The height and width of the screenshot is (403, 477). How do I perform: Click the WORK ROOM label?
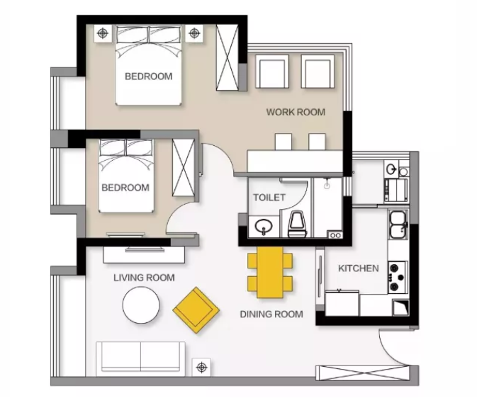click(x=296, y=112)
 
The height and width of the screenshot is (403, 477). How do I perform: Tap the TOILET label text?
click(x=269, y=198)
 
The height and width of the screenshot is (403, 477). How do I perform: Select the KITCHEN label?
click(x=359, y=268)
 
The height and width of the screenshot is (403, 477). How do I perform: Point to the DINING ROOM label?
click(x=271, y=314)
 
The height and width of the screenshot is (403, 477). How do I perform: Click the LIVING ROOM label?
click(x=144, y=278)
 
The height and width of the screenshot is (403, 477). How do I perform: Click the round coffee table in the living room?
click(x=141, y=305)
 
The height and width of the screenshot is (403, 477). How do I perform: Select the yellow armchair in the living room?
click(x=196, y=310)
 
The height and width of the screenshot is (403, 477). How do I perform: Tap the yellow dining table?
click(x=270, y=272)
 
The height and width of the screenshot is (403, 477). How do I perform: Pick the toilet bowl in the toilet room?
click(x=298, y=225)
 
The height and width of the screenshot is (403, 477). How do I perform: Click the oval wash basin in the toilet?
click(x=264, y=226)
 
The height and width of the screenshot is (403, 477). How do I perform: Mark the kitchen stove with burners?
click(x=397, y=277)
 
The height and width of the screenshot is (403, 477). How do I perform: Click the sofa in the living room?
click(x=140, y=358)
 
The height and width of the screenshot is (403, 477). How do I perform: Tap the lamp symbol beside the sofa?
click(x=202, y=367)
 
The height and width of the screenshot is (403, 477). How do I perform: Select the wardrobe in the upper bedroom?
click(x=227, y=57)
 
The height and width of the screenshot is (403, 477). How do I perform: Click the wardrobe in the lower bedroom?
click(x=183, y=168)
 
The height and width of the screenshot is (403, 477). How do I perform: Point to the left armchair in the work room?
click(x=272, y=72)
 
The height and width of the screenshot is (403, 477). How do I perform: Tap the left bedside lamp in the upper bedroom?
click(x=103, y=33)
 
